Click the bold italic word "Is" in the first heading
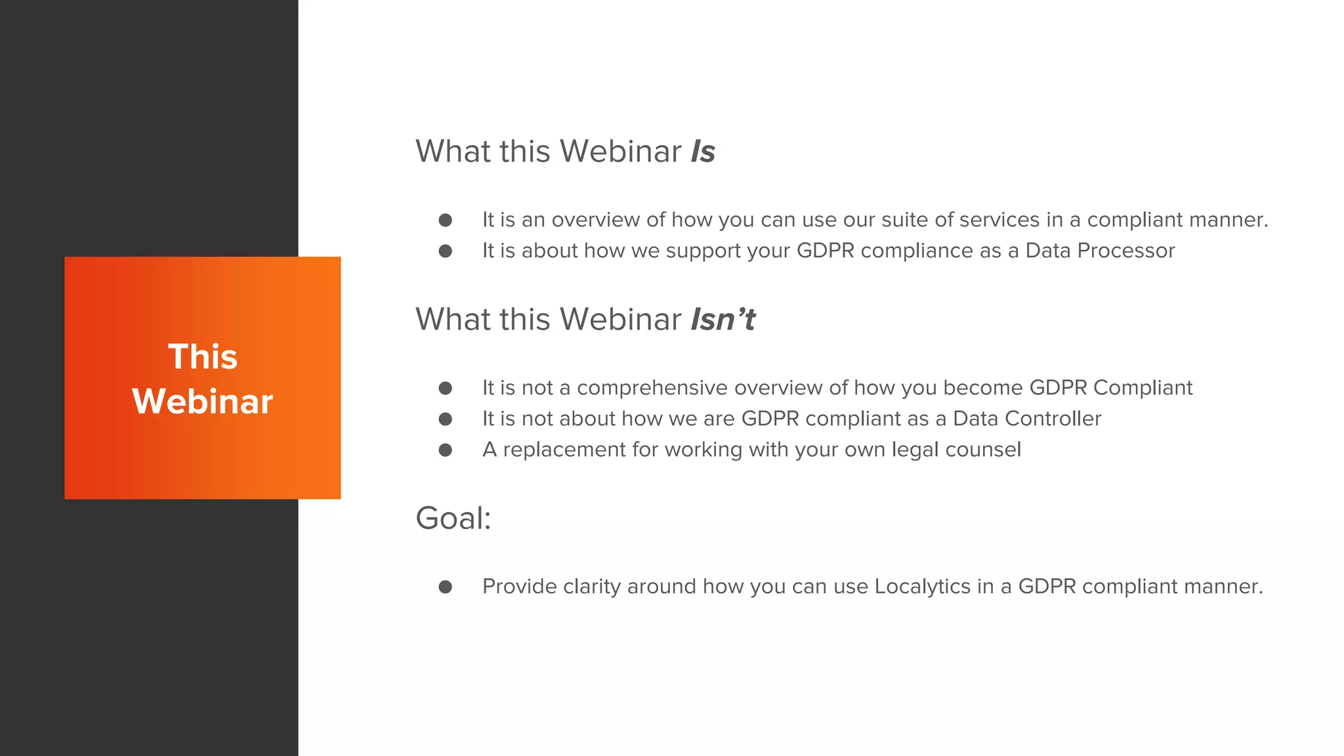coord(702,152)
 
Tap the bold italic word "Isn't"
coord(723,320)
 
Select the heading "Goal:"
coord(453,518)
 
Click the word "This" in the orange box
coord(203,357)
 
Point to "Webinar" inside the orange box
coord(203,402)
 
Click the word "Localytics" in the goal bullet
coord(922,586)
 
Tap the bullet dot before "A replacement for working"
coord(446,450)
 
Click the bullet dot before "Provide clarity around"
coord(446,587)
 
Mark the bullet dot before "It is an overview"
coord(446,220)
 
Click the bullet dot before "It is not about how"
coord(446,419)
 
